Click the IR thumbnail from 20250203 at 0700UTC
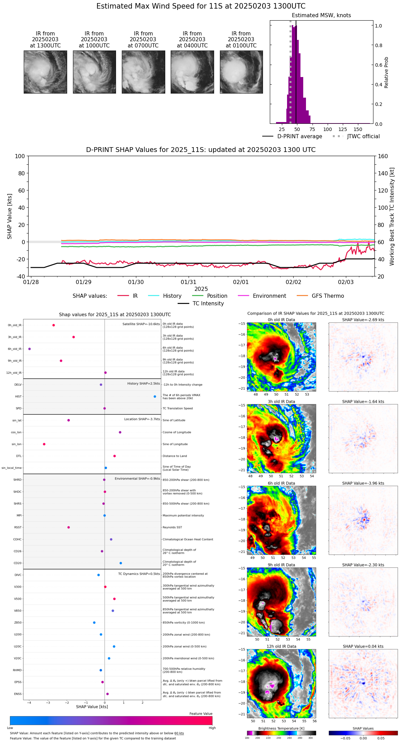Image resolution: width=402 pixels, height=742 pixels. [143, 72]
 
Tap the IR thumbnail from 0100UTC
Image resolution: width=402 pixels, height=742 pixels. [241, 72]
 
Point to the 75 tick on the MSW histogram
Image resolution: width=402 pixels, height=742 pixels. [312, 129]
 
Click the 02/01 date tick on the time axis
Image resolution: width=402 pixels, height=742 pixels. [241, 282]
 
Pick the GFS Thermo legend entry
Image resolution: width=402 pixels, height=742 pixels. [328, 296]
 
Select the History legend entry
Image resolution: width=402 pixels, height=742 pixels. [172, 296]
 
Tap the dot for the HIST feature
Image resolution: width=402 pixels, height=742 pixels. [155, 396]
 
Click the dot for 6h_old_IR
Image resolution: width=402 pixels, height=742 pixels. [30, 349]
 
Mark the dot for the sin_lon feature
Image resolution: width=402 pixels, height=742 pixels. [44, 444]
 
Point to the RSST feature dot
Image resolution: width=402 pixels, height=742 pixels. [68, 527]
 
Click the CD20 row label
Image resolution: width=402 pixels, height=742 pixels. [18, 563]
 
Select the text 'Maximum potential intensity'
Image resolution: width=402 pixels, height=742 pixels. [183, 516]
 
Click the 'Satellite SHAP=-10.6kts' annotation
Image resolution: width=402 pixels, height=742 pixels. [141, 324]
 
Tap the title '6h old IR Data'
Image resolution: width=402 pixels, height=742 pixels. [281, 483]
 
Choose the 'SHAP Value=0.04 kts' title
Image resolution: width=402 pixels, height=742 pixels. [363, 647]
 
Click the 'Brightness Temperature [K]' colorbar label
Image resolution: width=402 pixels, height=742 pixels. [281, 729]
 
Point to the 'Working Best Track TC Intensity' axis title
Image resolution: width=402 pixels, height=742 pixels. [392, 217]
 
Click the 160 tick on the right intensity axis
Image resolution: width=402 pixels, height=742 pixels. [383, 156]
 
